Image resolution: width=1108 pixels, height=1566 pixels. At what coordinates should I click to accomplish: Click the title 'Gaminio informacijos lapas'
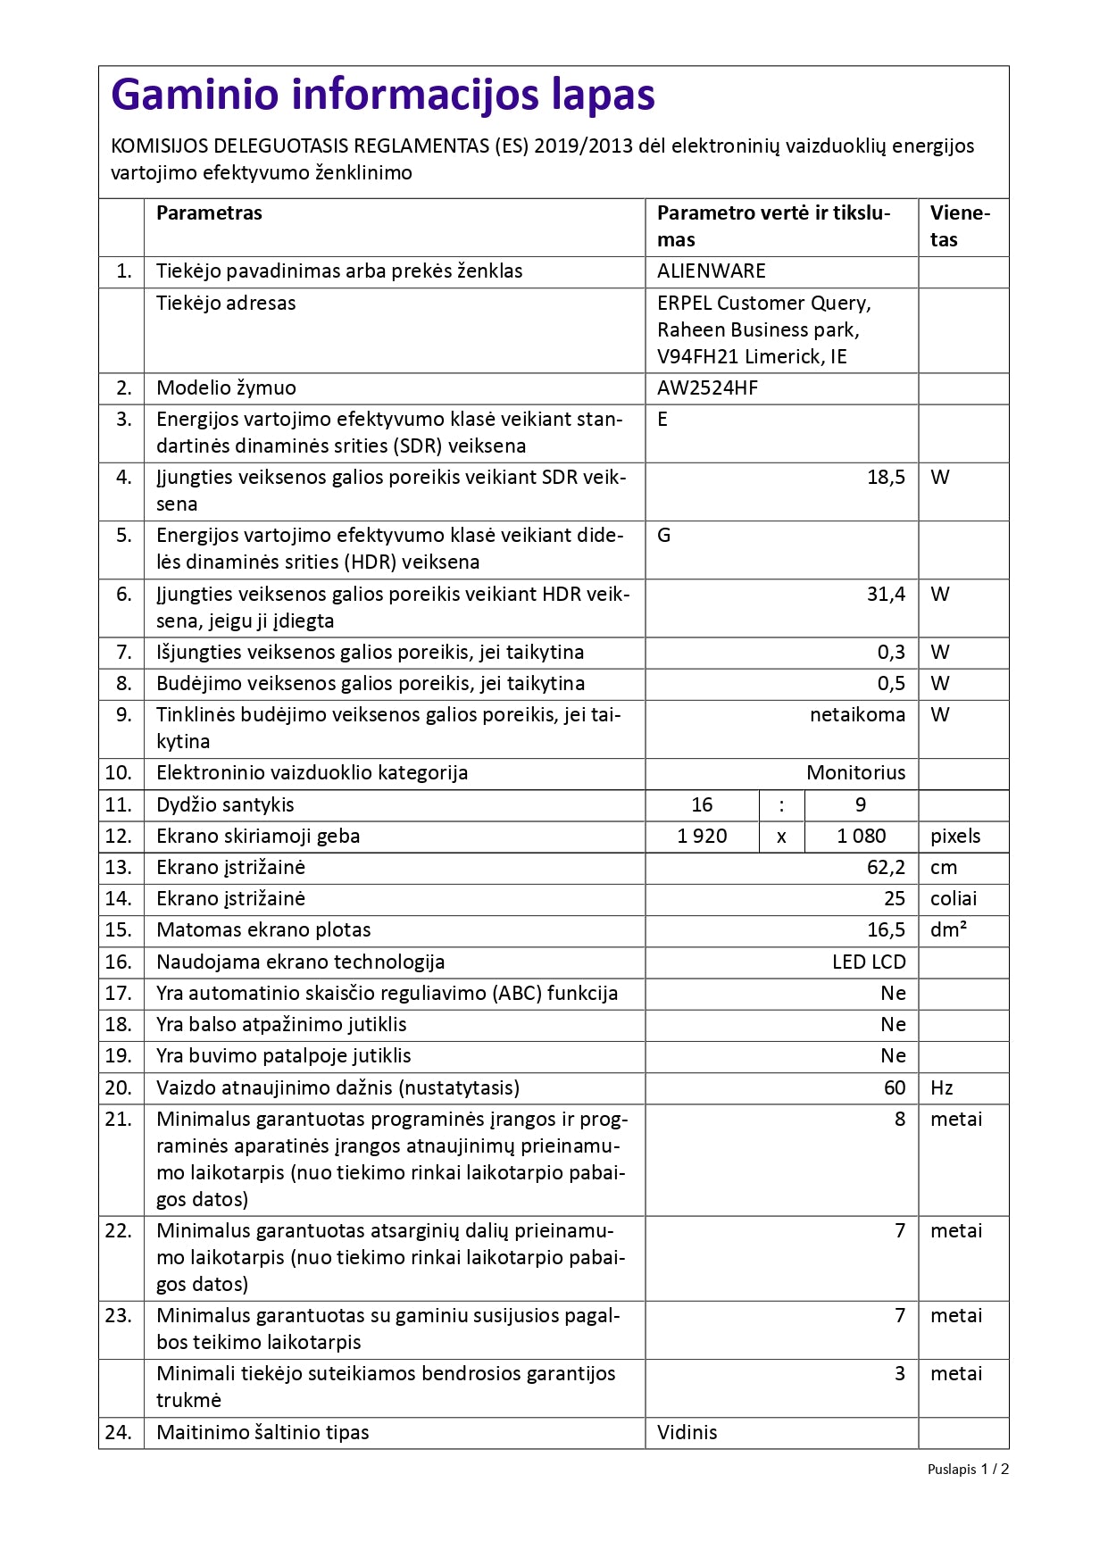pos(383,95)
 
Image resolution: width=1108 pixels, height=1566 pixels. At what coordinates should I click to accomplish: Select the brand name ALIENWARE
pos(711,271)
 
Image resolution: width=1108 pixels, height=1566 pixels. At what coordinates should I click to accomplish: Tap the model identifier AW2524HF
pos(707,388)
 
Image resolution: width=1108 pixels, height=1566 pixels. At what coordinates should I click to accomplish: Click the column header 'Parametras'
pos(209,213)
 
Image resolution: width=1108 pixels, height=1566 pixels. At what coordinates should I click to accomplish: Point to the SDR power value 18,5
pos(886,478)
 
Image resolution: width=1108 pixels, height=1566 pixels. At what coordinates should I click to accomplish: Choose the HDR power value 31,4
pos(886,595)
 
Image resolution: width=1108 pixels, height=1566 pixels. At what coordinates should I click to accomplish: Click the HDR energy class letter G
pos(663,536)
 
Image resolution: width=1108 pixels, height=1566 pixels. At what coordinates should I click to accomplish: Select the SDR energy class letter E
pos(662,420)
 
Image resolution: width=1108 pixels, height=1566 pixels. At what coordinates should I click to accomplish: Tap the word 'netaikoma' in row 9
pos(857,715)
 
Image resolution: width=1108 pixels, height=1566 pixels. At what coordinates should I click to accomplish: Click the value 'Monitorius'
pos(855,773)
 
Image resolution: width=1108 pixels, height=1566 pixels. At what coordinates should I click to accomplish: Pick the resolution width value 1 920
pos(702,837)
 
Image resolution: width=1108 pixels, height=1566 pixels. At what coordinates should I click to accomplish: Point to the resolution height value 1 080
pos(861,837)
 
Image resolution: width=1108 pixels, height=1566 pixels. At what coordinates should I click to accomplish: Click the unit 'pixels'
pos(954,837)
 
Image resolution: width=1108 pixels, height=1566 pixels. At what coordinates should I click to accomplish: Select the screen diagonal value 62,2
pos(886,868)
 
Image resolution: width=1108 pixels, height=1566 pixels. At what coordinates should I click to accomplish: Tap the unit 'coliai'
pos(953,899)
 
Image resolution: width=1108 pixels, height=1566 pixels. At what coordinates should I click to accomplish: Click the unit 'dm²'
pos(948,930)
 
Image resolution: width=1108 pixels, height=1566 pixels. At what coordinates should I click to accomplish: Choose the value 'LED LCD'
pos(868,962)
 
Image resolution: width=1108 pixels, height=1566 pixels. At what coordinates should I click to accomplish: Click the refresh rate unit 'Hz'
pos(941,1088)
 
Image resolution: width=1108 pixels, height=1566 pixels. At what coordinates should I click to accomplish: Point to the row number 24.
pos(118,1433)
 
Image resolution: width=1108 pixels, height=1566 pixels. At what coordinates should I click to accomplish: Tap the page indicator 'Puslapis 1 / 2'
pos(967,1470)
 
